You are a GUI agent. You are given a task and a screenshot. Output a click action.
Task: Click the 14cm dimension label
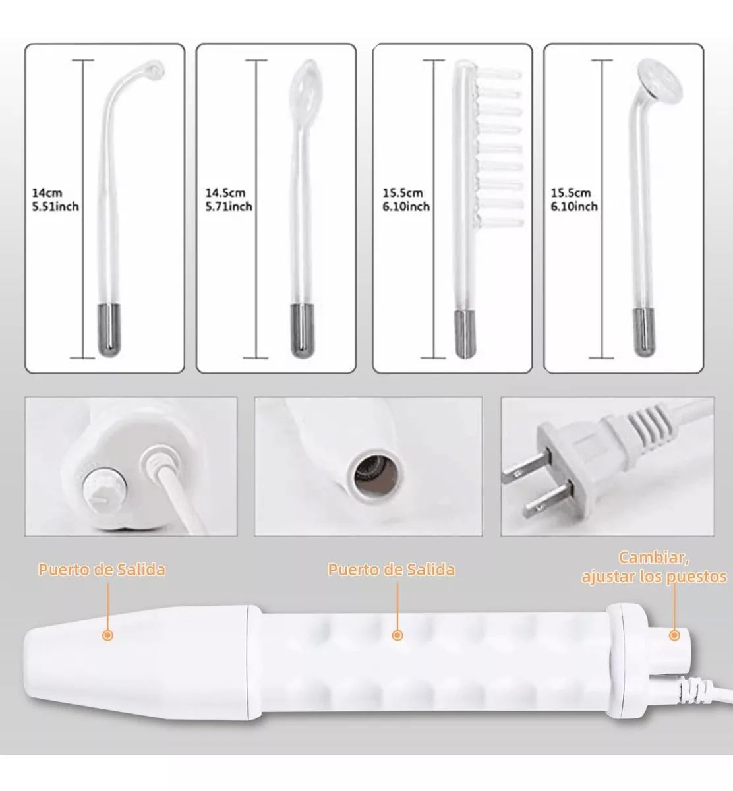[x=47, y=193]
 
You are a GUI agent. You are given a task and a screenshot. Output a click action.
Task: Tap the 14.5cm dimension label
[x=225, y=193]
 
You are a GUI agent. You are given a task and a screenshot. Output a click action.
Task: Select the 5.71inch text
[x=229, y=206]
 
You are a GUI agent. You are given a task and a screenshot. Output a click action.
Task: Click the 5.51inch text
[x=55, y=206]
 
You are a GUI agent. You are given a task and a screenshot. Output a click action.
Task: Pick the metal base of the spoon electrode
[x=303, y=330]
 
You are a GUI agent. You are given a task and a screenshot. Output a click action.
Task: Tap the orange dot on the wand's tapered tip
[x=107, y=635]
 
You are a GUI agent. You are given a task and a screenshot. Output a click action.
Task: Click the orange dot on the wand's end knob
[x=674, y=635]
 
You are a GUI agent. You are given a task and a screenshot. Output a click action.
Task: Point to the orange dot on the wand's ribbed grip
[x=396, y=635]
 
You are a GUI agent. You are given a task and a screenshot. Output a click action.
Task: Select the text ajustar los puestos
[x=654, y=577]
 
